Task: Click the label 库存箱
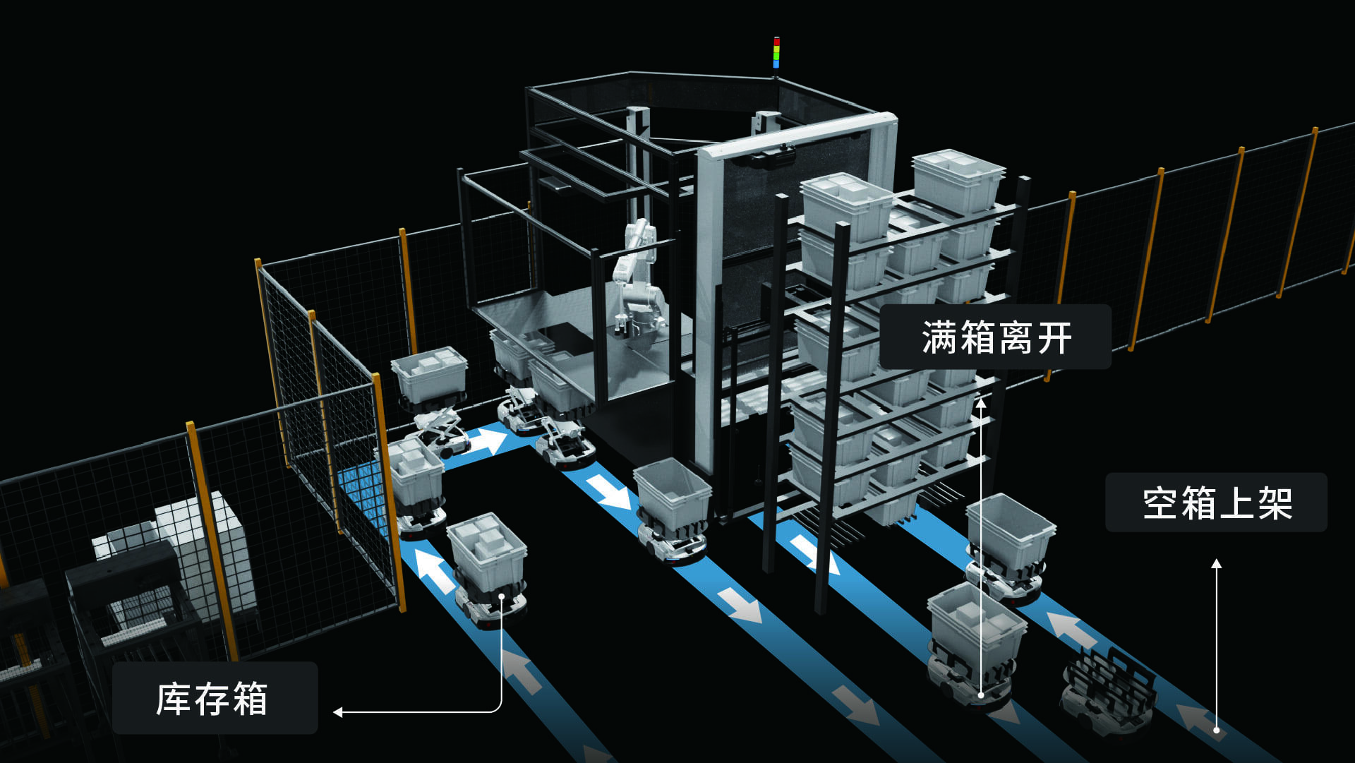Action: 214,698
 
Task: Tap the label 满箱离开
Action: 996,337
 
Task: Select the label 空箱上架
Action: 1216,503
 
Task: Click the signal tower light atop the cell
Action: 776,53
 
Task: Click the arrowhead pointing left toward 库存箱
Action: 338,712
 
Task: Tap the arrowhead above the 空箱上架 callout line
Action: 1216,564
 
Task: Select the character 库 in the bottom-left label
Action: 173,699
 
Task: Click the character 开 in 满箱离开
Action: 1054,337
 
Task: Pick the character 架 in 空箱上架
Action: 1275,503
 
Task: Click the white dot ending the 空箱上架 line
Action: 1216,730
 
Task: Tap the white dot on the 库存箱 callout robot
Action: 502,596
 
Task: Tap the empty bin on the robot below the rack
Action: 1010,533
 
